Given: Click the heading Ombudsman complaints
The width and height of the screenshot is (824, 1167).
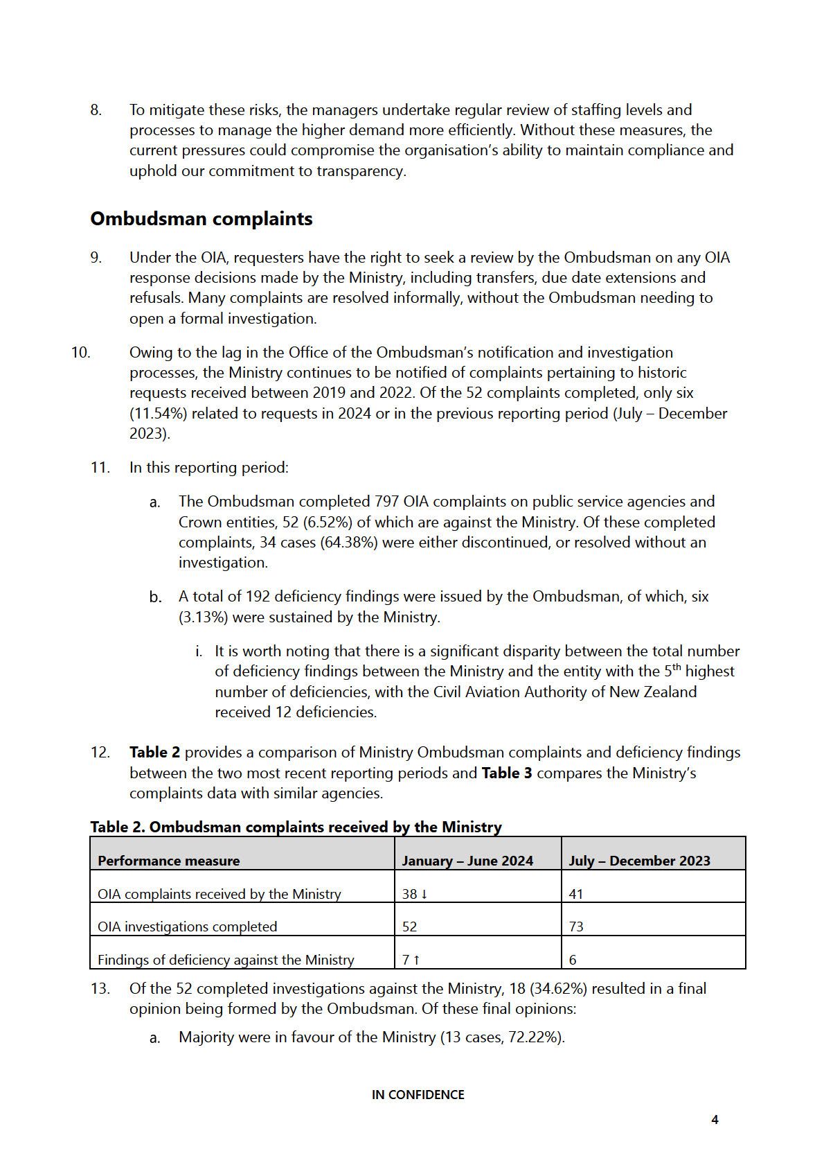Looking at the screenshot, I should [x=201, y=219].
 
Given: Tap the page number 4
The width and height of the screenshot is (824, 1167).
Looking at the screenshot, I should [x=715, y=1119].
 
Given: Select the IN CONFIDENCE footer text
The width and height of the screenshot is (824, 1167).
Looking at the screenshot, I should [x=418, y=1094].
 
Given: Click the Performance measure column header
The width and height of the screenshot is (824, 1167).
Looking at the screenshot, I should [x=168, y=861].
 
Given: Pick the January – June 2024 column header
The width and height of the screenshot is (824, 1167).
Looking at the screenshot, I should [x=467, y=861].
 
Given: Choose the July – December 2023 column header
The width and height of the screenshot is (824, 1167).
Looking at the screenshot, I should [x=639, y=861].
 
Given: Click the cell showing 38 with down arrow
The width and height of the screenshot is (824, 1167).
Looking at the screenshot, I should [x=415, y=894].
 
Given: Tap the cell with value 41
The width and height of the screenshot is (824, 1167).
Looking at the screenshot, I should [x=576, y=894].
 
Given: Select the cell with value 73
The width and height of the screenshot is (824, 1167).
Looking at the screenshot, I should [x=576, y=927].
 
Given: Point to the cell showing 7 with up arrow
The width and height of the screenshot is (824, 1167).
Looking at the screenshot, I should [x=411, y=960].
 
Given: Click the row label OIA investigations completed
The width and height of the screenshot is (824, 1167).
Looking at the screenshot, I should [x=187, y=927].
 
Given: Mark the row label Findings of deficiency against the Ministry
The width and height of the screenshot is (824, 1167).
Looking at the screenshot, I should [x=226, y=960].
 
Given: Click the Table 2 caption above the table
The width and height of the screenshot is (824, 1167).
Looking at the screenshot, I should [x=296, y=827].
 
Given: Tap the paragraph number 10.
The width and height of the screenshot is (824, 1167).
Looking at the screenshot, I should [x=81, y=352].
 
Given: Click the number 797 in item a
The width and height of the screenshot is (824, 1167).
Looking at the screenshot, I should [x=386, y=502].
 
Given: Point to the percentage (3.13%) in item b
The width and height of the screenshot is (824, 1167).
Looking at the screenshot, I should [x=203, y=617].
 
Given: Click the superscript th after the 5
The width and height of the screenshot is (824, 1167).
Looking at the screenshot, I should [x=677, y=667].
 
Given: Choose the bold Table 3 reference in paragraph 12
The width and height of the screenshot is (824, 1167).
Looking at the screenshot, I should [x=507, y=773].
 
